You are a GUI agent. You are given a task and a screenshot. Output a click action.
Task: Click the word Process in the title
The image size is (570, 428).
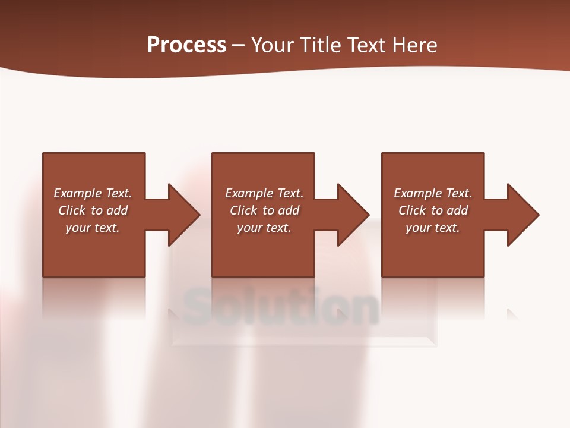tap(186, 45)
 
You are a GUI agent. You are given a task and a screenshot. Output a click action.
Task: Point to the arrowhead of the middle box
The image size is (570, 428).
tap(352, 215)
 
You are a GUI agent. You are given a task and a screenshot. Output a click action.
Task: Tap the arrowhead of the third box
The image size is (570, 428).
tap(522, 215)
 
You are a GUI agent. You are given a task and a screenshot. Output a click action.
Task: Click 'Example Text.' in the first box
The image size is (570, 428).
tap(93, 193)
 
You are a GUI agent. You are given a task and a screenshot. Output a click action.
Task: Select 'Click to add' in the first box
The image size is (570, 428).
tap(93, 210)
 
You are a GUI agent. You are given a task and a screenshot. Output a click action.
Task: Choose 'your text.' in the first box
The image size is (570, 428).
tap(93, 228)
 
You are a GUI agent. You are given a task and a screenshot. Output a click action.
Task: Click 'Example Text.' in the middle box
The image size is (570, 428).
tap(264, 193)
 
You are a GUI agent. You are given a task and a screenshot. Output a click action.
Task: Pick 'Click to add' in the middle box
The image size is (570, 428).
tap(264, 210)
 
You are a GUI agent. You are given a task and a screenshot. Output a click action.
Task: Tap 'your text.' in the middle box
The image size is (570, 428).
tap(264, 228)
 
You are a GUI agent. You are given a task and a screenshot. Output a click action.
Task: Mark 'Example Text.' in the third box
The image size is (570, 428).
tap(433, 193)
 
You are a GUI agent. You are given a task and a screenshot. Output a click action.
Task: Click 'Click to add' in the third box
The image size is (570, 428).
tap(433, 210)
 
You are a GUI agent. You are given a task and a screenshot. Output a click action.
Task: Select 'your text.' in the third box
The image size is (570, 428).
tap(433, 228)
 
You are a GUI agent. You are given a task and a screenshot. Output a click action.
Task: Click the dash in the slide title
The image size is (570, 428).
tap(238, 45)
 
